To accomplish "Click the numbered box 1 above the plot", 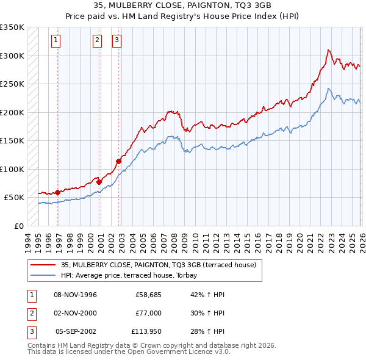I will click(56, 41).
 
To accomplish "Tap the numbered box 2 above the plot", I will click(97, 41).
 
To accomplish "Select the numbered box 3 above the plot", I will click(117, 41).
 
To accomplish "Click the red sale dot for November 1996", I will click(57, 192).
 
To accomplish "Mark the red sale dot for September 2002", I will click(118, 161).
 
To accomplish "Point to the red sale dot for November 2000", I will click(99, 182).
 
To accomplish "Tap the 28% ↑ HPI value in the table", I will click(207, 331).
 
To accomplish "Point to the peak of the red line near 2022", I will click(328, 50).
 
